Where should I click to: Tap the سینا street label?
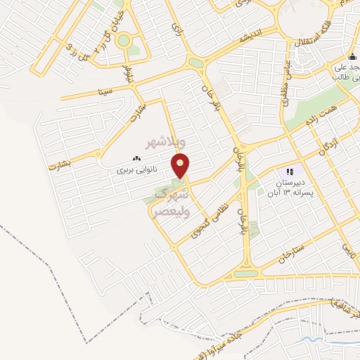pos(106,90)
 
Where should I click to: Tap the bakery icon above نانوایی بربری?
pos(136,160)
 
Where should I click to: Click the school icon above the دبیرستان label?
pos(289,172)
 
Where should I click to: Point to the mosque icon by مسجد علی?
pos(352,57)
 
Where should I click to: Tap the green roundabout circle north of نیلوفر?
pos(124,40)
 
